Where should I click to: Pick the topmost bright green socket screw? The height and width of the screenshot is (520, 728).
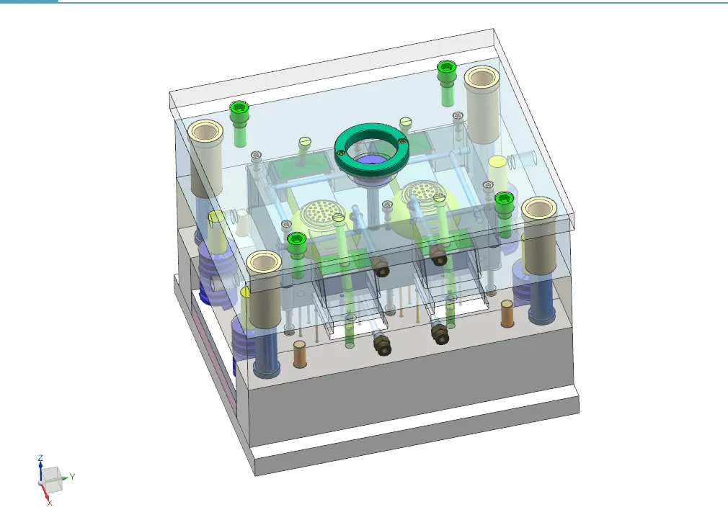point(445,69)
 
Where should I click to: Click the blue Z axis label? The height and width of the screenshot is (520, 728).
point(41,457)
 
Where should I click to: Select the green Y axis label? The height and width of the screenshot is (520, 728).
point(72,476)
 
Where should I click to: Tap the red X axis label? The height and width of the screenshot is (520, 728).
point(49,502)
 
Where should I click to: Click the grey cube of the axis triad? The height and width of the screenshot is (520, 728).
point(52,477)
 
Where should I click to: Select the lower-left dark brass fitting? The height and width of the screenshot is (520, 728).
point(382,344)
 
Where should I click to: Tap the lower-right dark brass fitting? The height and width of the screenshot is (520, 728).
point(438,333)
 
